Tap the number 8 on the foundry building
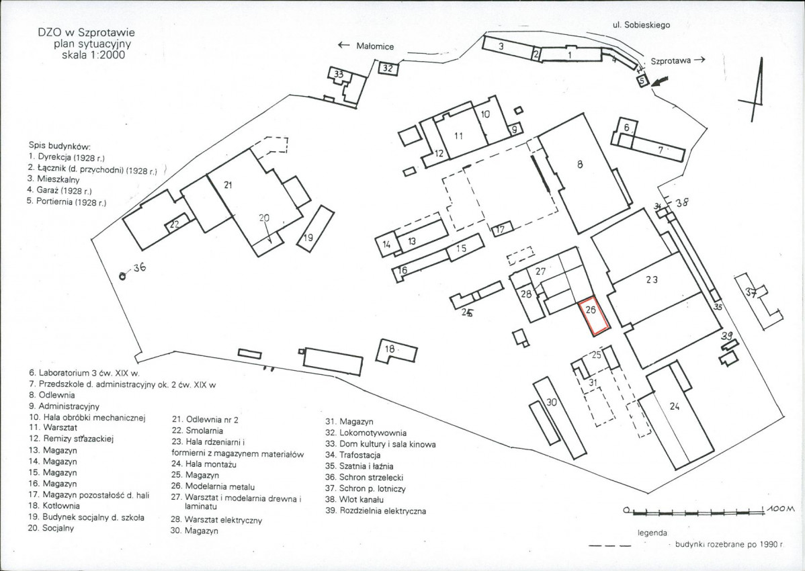[x=579, y=163]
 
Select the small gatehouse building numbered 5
[x=642, y=80]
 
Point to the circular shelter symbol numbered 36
[x=123, y=275]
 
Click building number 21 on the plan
[x=228, y=185]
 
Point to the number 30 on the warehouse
[x=551, y=402]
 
